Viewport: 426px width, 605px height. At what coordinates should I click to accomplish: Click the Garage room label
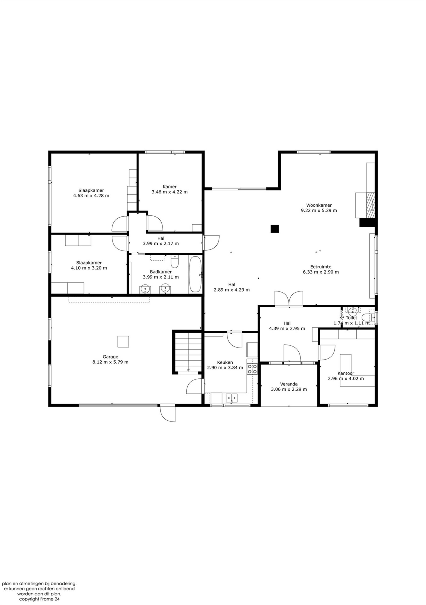tap(110, 357)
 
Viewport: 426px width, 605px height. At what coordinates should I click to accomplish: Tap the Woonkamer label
tap(319, 205)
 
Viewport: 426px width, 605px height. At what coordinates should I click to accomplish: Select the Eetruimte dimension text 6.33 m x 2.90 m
tap(321, 272)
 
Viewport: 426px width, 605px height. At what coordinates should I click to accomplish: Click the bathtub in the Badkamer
tap(195, 274)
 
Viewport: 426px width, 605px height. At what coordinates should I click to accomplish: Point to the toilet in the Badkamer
tap(175, 261)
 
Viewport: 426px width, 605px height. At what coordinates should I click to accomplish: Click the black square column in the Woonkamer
tap(275, 229)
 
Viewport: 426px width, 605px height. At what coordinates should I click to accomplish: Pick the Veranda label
tap(289, 384)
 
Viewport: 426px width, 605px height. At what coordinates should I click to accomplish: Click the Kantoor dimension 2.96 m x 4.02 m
tap(346, 379)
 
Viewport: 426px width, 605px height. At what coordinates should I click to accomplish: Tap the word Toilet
tap(351, 318)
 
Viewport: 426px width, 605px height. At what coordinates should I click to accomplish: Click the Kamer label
tap(170, 187)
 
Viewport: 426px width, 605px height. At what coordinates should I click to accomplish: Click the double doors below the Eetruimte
tap(289, 298)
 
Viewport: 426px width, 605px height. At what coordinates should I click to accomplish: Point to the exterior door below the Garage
tap(168, 413)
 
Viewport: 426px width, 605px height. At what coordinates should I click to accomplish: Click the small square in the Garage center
tap(123, 342)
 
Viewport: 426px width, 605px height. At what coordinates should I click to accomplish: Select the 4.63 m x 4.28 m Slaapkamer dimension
tap(91, 195)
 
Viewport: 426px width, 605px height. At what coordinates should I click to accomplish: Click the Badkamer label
tap(161, 272)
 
